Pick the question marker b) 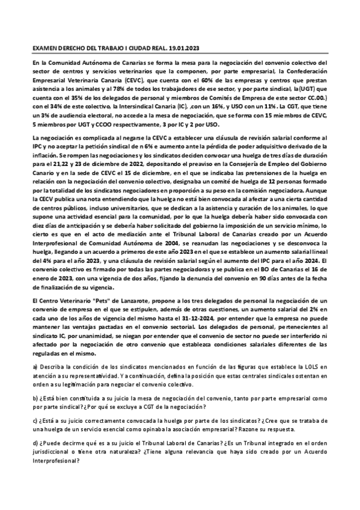(x=35, y=397)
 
